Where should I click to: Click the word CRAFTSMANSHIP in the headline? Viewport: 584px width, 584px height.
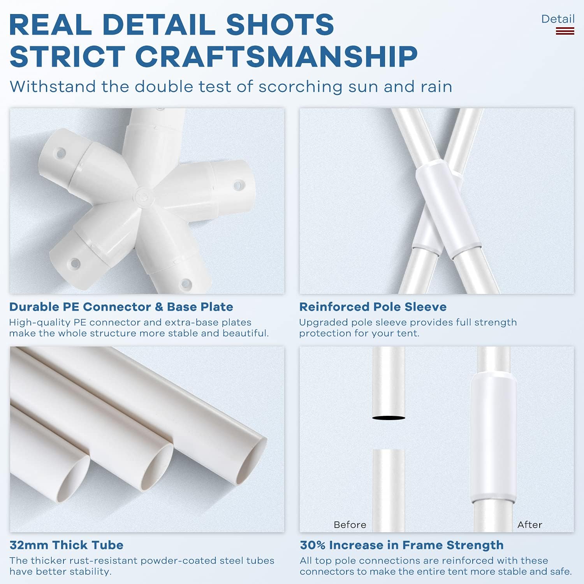(x=276, y=56)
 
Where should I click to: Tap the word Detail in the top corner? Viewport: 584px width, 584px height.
(x=558, y=19)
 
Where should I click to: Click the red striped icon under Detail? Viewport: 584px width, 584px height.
(x=565, y=31)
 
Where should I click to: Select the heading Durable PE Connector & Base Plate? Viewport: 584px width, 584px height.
(x=121, y=307)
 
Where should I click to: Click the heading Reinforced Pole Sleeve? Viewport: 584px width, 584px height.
(x=373, y=307)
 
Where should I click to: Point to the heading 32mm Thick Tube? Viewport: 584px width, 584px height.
(x=66, y=545)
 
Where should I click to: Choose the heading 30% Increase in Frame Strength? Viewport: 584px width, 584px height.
(x=401, y=545)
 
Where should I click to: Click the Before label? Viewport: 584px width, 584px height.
(x=350, y=525)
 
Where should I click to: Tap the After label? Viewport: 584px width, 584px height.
(x=530, y=525)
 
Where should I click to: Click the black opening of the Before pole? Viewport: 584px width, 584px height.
(x=389, y=418)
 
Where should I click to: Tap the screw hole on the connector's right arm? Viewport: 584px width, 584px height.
(x=237, y=185)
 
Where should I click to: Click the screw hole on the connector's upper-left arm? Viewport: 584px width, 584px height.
(x=60, y=153)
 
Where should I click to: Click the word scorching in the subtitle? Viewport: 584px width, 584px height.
(x=301, y=87)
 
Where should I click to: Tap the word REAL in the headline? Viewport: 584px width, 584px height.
(x=50, y=25)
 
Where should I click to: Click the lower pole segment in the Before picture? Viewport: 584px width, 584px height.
(x=389, y=491)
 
